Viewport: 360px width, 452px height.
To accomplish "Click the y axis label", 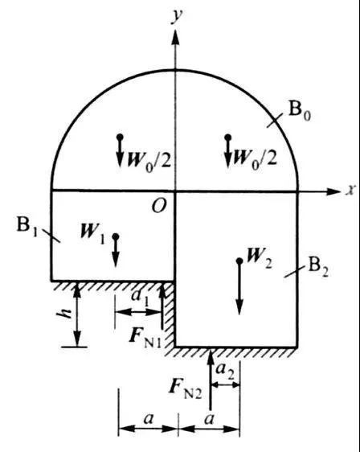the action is (x=177, y=17).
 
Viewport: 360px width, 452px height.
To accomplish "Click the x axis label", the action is (x=350, y=191).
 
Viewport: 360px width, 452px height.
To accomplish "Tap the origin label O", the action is (x=159, y=206).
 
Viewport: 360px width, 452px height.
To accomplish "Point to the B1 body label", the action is (x=27, y=226).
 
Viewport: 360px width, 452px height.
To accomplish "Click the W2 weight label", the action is (x=260, y=257).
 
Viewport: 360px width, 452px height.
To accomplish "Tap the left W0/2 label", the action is (x=149, y=160).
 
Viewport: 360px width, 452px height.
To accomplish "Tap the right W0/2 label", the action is (x=255, y=158).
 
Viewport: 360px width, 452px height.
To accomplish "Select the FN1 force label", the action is (x=145, y=338).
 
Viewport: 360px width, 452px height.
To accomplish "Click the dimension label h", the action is (x=66, y=314).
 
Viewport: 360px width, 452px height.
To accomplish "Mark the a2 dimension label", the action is (x=225, y=370).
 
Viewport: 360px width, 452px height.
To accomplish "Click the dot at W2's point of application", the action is (x=239, y=261).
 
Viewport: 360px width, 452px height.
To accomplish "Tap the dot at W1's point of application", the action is (x=116, y=236).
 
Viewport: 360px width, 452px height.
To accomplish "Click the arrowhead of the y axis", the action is (x=175, y=36).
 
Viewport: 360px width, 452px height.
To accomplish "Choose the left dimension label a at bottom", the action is (x=149, y=418).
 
